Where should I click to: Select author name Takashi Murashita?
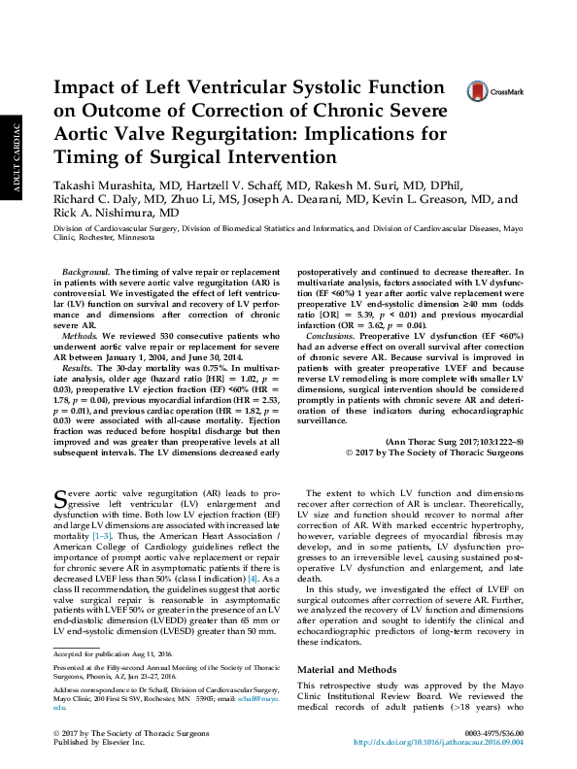pos(105,184)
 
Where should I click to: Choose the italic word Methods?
pos(79,331)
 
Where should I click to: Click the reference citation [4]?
pos(253,578)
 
